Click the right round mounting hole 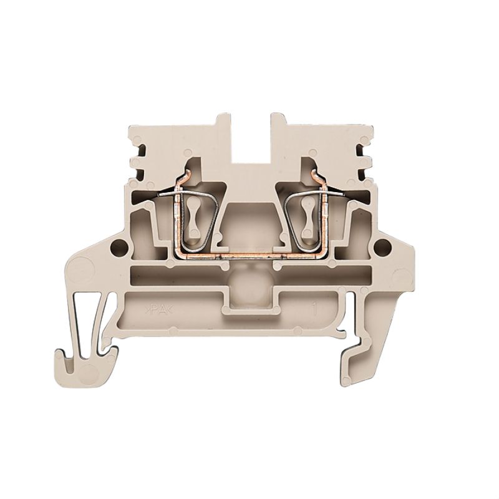tap(378, 248)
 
